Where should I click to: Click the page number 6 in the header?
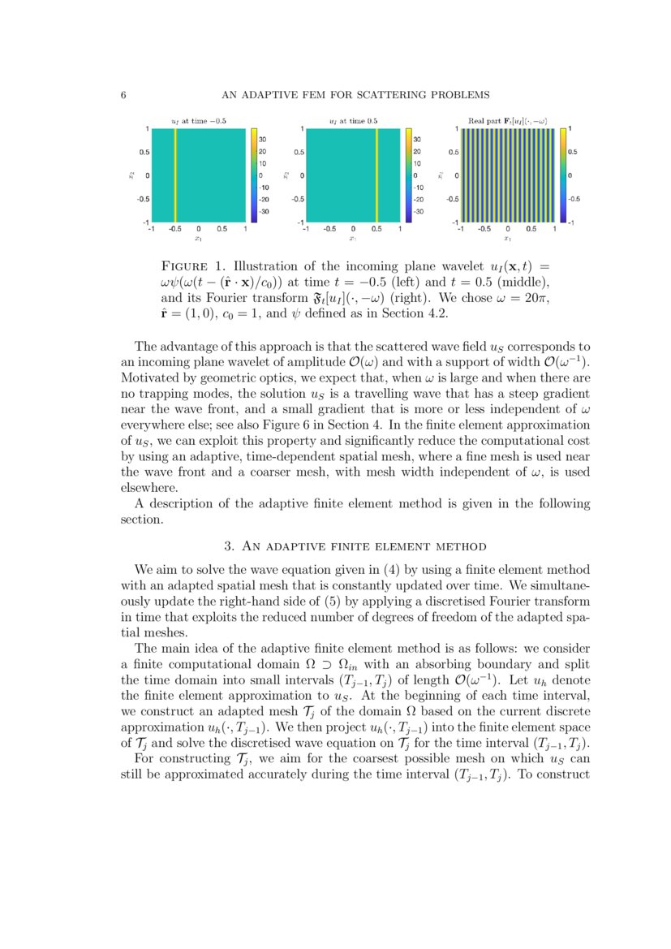(x=123, y=95)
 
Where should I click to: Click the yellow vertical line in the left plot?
(x=175, y=174)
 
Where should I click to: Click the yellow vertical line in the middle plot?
(x=376, y=174)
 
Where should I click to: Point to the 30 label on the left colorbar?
(x=263, y=140)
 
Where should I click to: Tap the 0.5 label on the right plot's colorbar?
(x=573, y=151)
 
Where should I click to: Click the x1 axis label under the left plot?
(x=198, y=239)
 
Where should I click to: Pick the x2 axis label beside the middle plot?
(x=286, y=174)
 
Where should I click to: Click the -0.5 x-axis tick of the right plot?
(x=484, y=229)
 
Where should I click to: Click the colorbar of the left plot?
(x=253, y=174)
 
